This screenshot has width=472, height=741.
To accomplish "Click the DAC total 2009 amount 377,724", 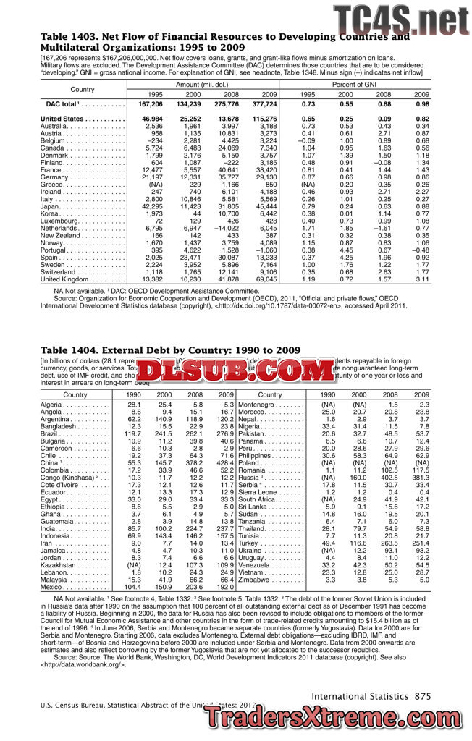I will click(x=264, y=105).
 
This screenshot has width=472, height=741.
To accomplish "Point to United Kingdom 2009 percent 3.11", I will click(x=421, y=279).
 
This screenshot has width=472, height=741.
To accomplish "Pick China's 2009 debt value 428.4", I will click(x=224, y=461).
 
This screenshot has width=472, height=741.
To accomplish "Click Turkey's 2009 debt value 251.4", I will click(x=420, y=543).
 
